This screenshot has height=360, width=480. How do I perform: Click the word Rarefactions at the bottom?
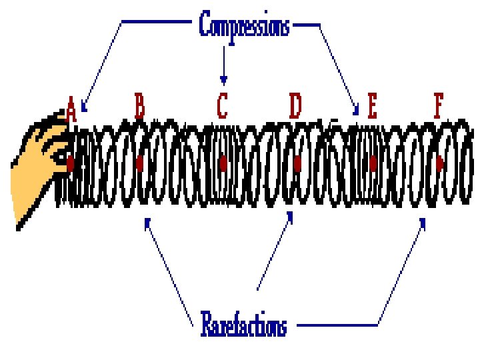(x=244, y=326)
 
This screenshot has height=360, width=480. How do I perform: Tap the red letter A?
(x=71, y=109)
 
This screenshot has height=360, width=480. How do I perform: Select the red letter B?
(x=140, y=105)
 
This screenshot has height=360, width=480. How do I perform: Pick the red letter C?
(x=223, y=105)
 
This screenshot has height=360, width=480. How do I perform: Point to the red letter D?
(x=295, y=105)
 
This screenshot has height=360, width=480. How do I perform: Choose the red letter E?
(x=372, y=106)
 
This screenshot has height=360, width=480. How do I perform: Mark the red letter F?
(x=438, y=106)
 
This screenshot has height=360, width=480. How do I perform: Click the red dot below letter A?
(x=70, y=161)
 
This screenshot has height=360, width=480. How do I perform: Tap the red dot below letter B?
(x=139, y=162)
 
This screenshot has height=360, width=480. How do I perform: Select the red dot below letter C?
(x=223, y=162)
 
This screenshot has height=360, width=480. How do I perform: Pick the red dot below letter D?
(x=297, y=162)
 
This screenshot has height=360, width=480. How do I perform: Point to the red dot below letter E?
(x=373, y=162)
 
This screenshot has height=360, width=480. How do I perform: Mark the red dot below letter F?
(x=439, y=162)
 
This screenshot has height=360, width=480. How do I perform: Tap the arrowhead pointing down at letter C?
(x=223, y=81)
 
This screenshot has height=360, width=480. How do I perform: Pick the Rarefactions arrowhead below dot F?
(x=423, y=221)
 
